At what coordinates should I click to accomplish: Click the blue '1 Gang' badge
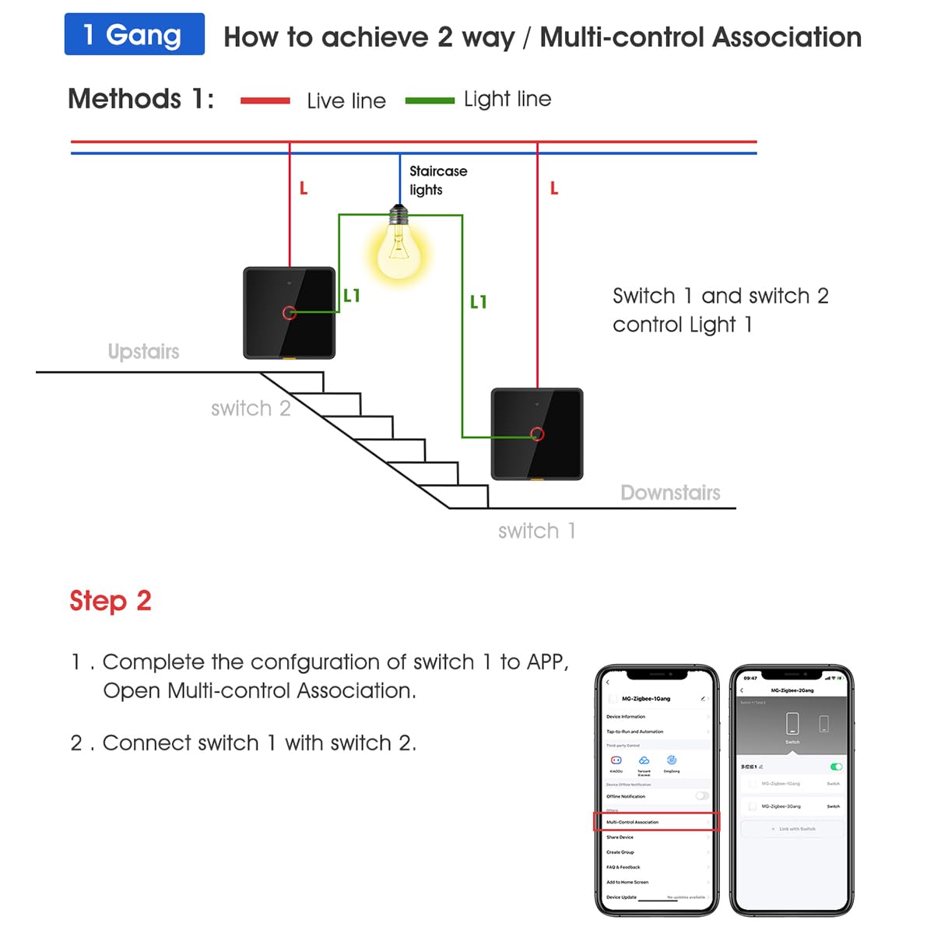pos(134,34)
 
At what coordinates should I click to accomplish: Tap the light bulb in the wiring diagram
pos(399,248)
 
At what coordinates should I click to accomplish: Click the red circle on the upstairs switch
pos(289,313)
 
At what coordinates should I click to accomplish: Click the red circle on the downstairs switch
pos(536,434)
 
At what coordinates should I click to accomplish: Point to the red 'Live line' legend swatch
pos(265,100)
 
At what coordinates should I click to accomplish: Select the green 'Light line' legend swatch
pos(430,100)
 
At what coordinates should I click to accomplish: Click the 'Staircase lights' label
pos(437,180)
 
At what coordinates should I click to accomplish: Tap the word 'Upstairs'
pos(143,352)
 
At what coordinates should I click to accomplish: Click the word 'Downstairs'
pos(670,493)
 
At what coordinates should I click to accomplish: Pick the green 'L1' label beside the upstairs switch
pos(352,296)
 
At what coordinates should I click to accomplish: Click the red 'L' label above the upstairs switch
pos(304,188)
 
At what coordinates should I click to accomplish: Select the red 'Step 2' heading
pos(111,601)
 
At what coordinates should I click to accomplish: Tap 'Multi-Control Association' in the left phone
pos(633,822)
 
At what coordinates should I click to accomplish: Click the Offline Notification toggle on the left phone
pos(702,796)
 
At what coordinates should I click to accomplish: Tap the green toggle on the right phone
pos(836,767)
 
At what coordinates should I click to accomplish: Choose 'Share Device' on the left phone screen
pos(620,837)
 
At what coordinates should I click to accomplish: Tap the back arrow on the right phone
pos(742,690)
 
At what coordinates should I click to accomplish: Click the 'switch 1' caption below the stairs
pos(536,531)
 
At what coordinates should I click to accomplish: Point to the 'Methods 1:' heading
pos(141,99)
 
